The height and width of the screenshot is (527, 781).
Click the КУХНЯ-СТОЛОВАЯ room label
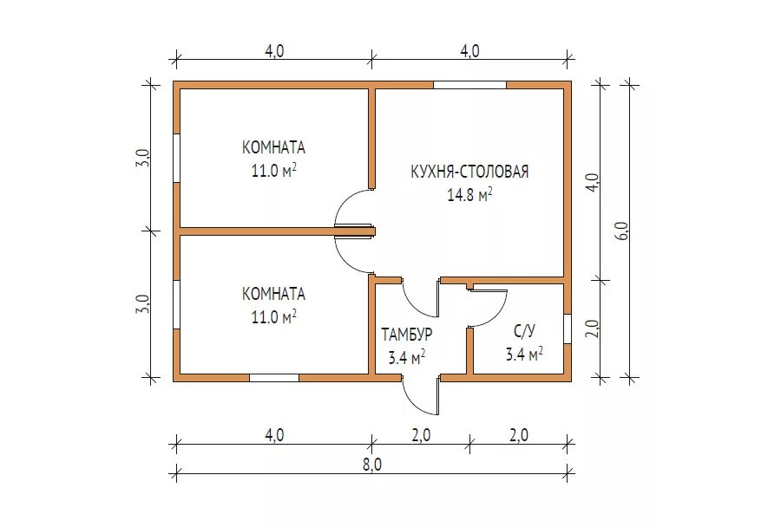(x=469, y=172)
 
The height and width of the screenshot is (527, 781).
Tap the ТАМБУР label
(x=407, y=335)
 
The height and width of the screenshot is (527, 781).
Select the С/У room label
(x=524, y=331)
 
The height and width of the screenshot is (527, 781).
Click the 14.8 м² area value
(x=469, y=194)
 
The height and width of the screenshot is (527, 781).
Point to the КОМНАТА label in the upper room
(x=273, y=148)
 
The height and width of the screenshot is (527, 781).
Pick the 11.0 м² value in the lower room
(x=274, y=316)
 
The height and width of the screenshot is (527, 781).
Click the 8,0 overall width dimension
(x=372, y=465)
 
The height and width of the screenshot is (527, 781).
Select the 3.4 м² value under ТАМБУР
(x=407, y=357)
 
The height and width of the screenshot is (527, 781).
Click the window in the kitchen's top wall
(x=469, y=85)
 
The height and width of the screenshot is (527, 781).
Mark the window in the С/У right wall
(x=568, y=329)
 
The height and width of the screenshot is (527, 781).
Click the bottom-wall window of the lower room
(x=274, y=378)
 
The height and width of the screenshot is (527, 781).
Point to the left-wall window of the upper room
(x=176, y=158)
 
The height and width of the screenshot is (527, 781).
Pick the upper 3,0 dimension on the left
(x=141, y=158)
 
